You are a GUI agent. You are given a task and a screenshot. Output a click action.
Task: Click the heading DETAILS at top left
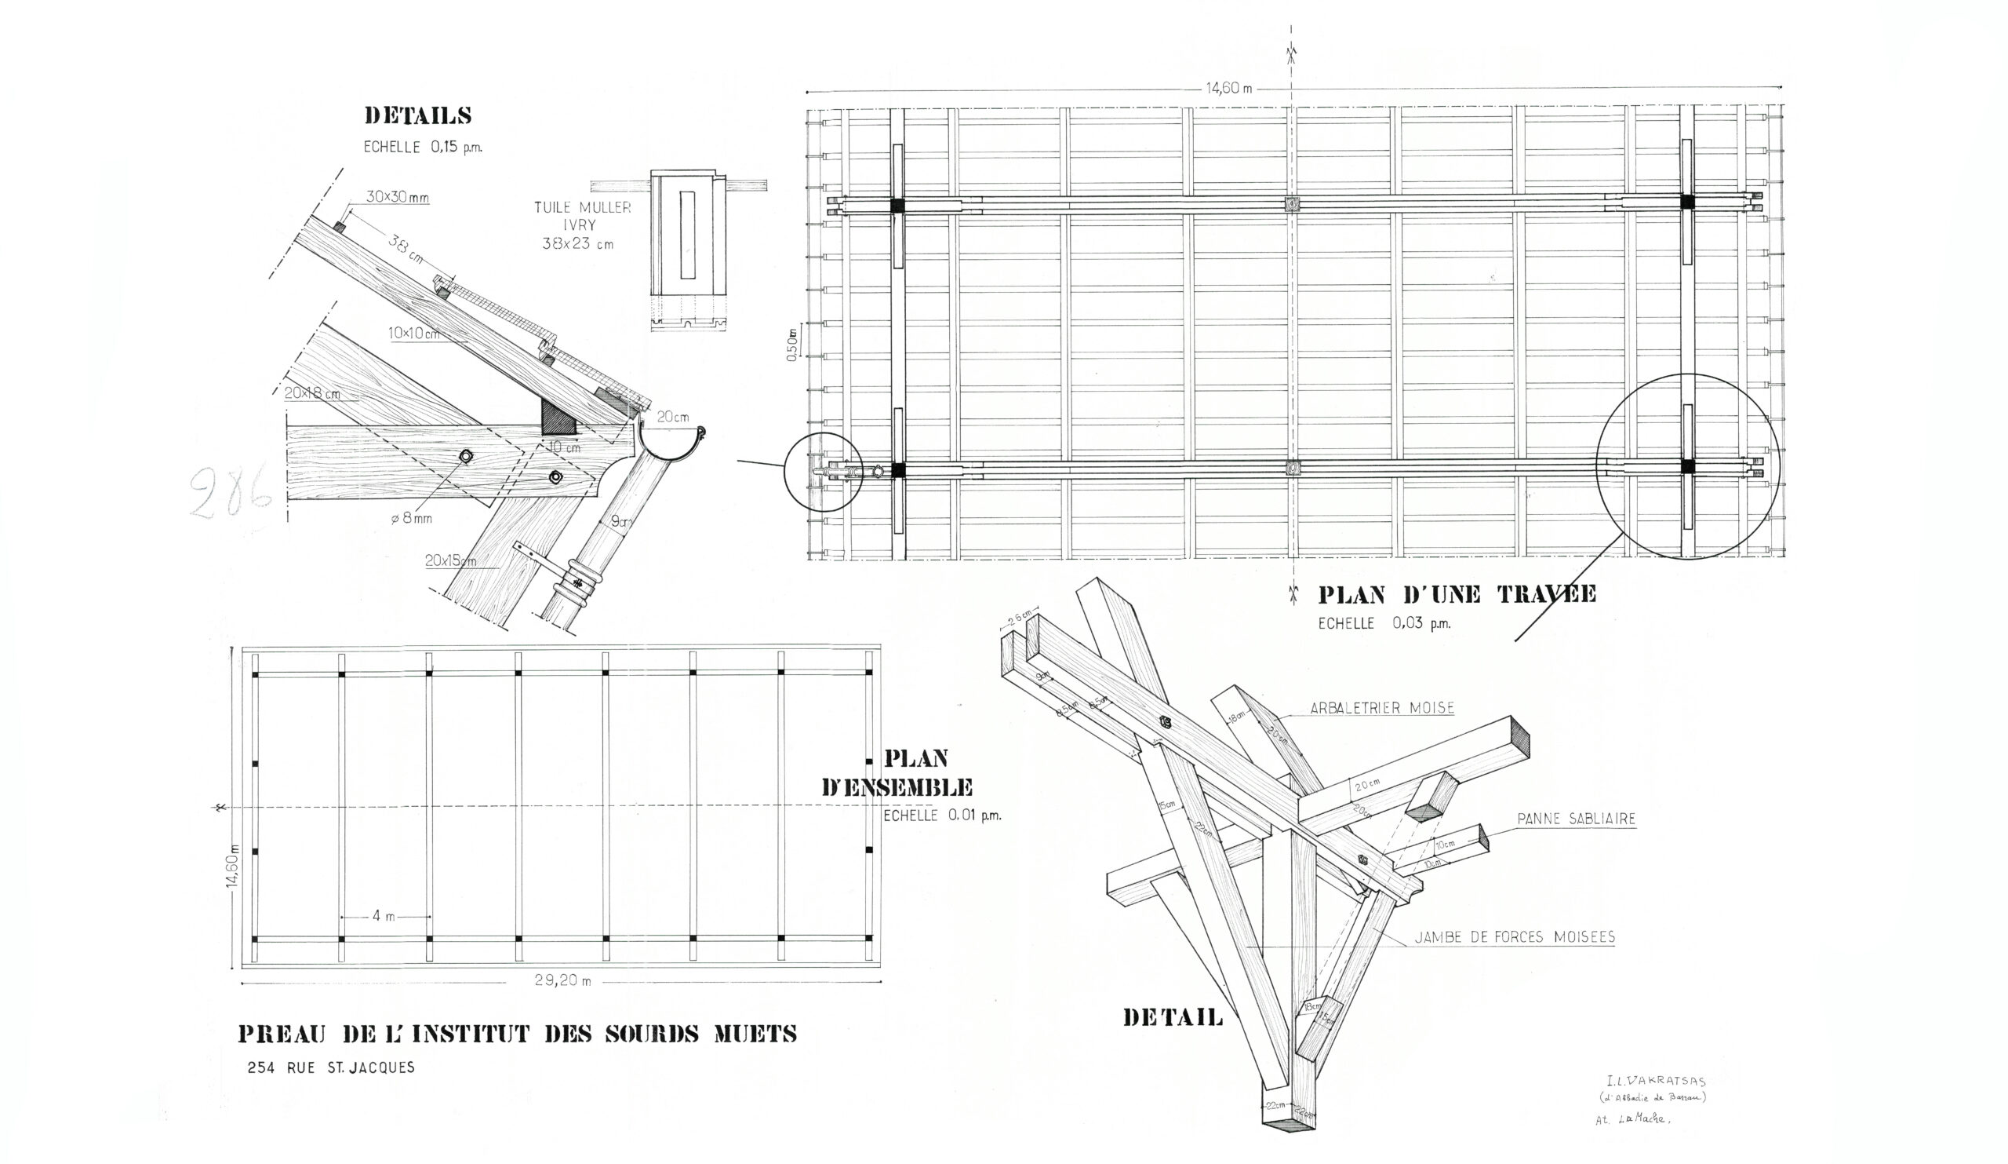(x=417, y=116)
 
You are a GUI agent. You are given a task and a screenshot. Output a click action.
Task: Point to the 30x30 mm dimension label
(x=398, y=196)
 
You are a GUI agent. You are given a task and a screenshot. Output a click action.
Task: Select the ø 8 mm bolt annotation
(x=411, y=518)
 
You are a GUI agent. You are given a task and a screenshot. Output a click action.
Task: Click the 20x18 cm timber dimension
(x=312, y=393)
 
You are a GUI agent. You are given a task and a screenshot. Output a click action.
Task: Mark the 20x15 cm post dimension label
(x=451, y=560)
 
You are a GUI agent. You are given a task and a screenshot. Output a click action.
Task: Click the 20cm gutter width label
(x=673, y=416)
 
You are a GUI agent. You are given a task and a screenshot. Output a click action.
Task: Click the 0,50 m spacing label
(x=792, y=345)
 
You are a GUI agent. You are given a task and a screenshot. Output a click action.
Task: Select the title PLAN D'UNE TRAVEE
(x=1457, y=595)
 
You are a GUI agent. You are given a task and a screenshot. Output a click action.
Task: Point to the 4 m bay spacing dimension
(x=384, y=916)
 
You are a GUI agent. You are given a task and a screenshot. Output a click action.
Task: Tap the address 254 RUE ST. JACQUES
(x=331, y=1067)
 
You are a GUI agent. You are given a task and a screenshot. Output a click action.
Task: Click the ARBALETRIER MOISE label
(x=1382, y=707)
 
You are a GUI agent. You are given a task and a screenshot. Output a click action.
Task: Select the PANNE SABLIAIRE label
(x=1575, y=819)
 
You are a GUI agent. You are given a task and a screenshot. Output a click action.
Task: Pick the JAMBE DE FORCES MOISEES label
(x=1514, y=938)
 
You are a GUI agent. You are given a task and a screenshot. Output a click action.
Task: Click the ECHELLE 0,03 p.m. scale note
(x=1384, y=623)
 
